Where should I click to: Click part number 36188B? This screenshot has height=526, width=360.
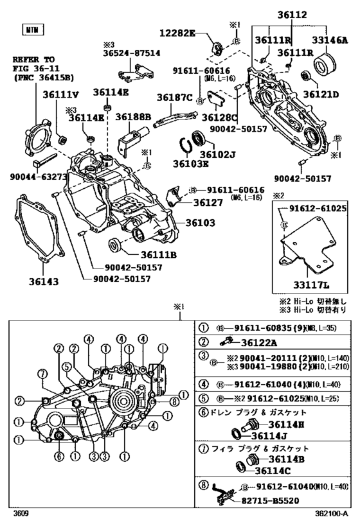click(x=133, y=117)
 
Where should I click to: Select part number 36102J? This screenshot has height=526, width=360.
click(x=222, y=153)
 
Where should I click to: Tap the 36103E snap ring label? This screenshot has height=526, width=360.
click(x=191, y=164)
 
